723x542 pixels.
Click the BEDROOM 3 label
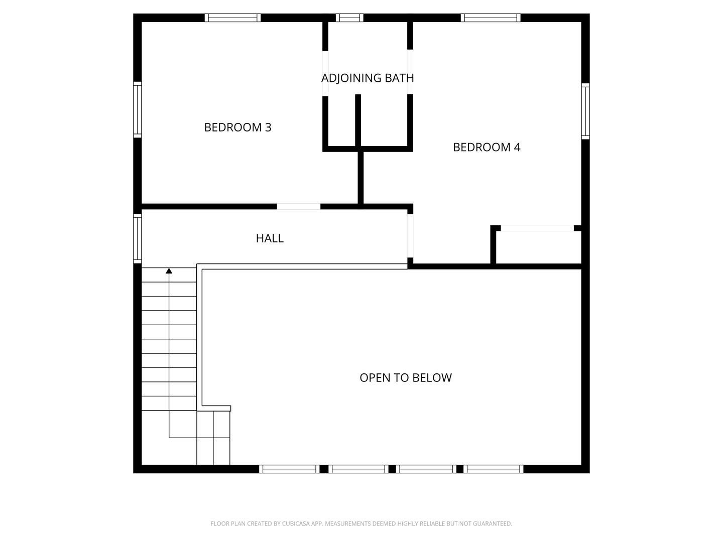237,127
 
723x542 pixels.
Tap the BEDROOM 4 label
487,147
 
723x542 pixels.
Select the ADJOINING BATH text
368,78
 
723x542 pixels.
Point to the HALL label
270,238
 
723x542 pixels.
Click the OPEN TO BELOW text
406,378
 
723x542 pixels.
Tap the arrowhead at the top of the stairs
169,271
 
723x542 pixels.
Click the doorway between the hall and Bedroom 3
298,207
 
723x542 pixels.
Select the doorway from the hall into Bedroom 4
410,236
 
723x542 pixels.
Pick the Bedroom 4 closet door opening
537,228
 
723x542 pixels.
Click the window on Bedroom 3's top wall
232,18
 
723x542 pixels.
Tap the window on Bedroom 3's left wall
137,109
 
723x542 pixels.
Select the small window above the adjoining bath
349,18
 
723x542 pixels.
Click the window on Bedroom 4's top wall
491,18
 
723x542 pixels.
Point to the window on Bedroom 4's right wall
585,111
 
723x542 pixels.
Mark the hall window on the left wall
137,238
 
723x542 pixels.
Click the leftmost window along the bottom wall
289,469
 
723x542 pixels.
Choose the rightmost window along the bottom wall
494,469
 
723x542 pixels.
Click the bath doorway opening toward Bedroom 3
325,73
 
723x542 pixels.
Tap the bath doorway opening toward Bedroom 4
410,72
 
